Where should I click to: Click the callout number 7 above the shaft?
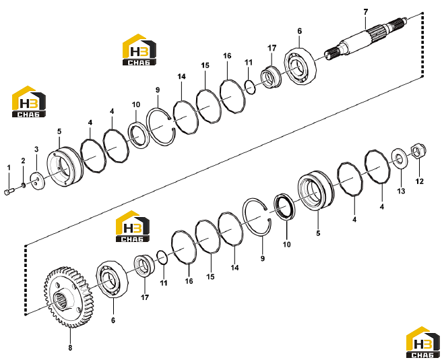tap(366, 12)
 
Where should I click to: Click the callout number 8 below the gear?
tap(70, 348)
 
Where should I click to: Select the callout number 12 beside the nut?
tap(420, 181)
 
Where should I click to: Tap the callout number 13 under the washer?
tap(401, 191)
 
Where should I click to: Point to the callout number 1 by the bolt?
tap(9, 168)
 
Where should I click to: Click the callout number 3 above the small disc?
tap(36, 149)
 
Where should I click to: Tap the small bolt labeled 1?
tap(9, 191)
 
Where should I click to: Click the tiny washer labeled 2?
tap(23, 185)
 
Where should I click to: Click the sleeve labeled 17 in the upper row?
tap(271, 76)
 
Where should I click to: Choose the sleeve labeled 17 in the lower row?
tap(144, 266)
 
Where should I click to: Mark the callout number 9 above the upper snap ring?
tap(158, 90)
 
